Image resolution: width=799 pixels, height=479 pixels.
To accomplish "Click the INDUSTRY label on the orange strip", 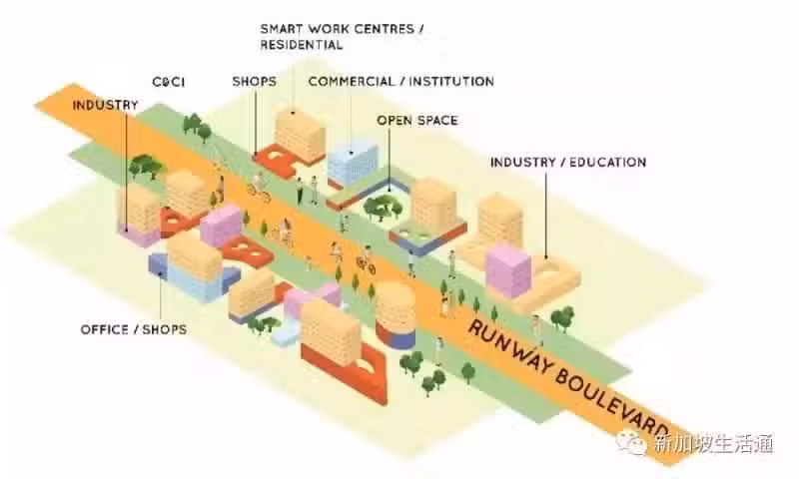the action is coord(105,105).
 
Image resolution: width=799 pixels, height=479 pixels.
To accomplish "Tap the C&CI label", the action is coord(169,82).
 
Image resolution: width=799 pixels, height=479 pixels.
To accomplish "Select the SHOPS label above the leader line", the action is coord(255,81).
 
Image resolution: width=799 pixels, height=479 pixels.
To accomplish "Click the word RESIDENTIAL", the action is coord(302,45).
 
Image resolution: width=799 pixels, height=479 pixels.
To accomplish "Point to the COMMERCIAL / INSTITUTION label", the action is coord(401,81).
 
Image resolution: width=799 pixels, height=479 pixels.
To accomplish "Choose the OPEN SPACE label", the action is coord(417,120).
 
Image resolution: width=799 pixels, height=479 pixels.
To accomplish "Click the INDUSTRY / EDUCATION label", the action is coord(568,162).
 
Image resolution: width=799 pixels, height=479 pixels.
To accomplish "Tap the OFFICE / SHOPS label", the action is coord(134,329).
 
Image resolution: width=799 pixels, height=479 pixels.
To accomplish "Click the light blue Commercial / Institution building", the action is coord(353,162).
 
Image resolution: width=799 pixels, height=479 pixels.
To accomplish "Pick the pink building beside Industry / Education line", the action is coord(508,270).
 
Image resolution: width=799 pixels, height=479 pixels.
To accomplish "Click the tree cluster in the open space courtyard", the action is coord(383,208).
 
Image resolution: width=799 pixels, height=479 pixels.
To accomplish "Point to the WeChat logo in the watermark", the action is coord(632,442).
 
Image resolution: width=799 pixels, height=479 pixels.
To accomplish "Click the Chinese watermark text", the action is coord(714,443).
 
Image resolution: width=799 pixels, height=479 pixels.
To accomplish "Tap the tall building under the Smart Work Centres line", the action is coord(300,134).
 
